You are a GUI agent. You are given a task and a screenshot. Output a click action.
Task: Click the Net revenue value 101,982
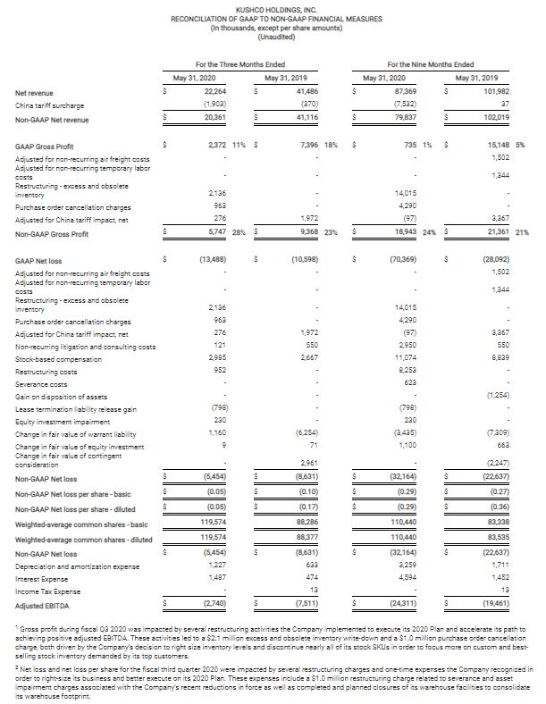483,92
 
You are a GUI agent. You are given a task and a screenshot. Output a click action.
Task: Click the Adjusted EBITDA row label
40,604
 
